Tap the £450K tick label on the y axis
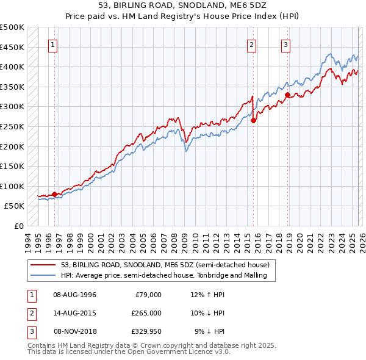[12, 47]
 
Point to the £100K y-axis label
[12, 186]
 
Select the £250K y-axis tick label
[12, 126]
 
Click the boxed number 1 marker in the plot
[53, 43]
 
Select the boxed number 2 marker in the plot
[251, 43]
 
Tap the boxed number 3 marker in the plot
[285, 43]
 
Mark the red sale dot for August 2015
[253, 120]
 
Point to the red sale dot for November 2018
[287, 95]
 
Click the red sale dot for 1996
[54, 194]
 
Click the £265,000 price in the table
[146, 312]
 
